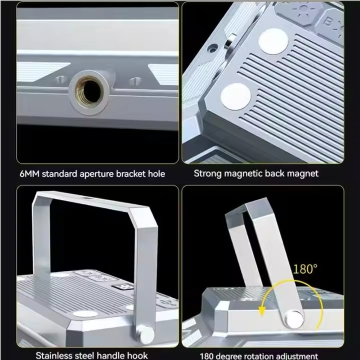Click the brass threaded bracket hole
(x=89, y=92)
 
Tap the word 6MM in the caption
(x=29, y=174)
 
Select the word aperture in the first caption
(x=97, y=174)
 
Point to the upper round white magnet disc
(x=273, y=41)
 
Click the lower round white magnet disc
(x=235, y=96)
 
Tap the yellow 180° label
(x=305, y=269)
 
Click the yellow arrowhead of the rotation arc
(x=261, y=311)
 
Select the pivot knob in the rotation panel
(x=294, y=319)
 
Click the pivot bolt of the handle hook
(x=146, y=335)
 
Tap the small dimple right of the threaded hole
(x=135, y=81)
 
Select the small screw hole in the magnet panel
(x=212, y=48)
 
